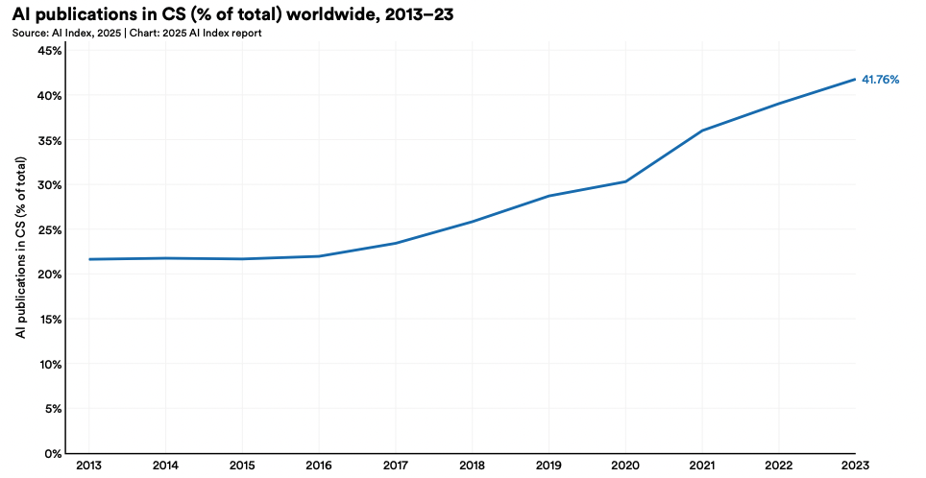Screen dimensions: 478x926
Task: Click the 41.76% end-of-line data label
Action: coord(880,80)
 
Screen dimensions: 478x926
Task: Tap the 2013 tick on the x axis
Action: coord(88,466)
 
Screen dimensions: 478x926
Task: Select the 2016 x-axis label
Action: coord(318,466)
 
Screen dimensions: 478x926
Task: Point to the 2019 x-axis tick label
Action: coord(548,466)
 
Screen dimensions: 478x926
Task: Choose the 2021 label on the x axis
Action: coord(702,466)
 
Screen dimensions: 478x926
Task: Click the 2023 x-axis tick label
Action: coord(855,466)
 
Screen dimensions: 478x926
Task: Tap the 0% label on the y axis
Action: coord(54,453)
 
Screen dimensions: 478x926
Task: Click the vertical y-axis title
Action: coord(20,250)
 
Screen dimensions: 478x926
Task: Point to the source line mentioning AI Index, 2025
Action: coord(137,34)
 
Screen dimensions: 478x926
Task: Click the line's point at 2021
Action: coord(702,131)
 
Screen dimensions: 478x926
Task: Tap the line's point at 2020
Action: coord(625,181)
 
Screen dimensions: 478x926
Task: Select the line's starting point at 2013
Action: coord(88,259)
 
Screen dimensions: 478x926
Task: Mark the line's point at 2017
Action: coord(395,243)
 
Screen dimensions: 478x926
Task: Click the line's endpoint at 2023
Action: coord(855,79)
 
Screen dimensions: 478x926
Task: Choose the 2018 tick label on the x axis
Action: coord(472,466)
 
